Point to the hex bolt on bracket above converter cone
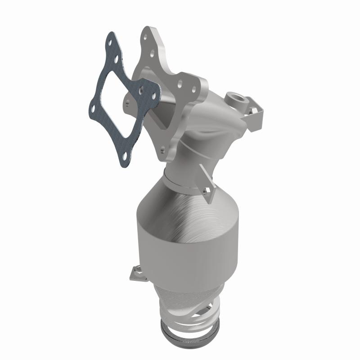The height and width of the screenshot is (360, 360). click(x=207, y=192)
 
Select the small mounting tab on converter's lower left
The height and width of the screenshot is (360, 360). click(x=134, y=271)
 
